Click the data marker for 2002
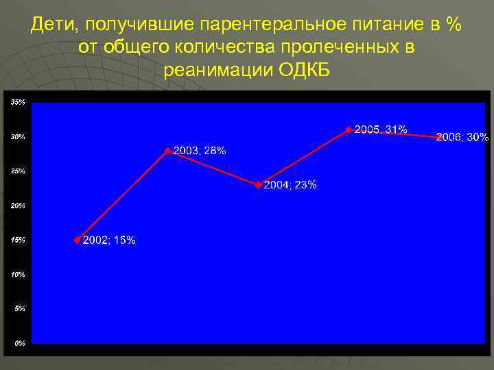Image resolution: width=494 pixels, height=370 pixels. pos(78,240)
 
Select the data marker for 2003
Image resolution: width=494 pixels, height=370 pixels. pos(168,151)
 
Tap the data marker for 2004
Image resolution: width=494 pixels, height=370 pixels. pos(258,185)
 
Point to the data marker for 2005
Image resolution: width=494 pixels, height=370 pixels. pos(349,129)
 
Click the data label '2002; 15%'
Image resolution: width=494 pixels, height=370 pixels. pos(109,241)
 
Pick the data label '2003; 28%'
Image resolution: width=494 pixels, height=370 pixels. pos(200,151)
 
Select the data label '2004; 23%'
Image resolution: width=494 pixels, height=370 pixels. pos(290,185)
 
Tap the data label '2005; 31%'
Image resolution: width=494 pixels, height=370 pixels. pos(381,129)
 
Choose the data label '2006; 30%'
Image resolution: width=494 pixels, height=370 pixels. pos(462,137)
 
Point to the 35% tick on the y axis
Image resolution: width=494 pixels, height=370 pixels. pos(18,102)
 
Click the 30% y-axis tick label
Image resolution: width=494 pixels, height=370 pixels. pos(18,137)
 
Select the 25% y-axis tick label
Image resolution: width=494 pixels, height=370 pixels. pos(18,171)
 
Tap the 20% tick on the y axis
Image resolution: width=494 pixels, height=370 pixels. pos(18,206)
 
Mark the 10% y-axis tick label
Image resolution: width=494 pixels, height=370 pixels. pos(18,274)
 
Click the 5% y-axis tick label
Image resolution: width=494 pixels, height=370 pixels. pos(20,308)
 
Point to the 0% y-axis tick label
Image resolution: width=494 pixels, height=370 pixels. pos(20,343)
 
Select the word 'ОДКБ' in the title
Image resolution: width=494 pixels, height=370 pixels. pos(306,70)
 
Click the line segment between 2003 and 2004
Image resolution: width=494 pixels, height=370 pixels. pos(213,168)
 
